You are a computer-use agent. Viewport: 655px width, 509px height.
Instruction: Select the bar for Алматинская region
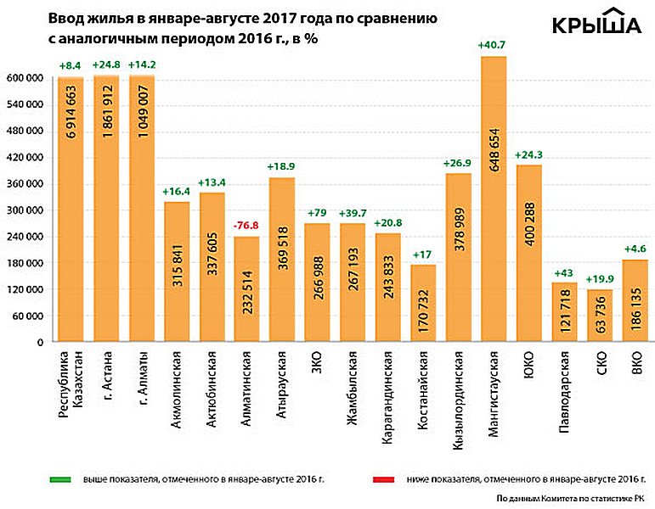247,288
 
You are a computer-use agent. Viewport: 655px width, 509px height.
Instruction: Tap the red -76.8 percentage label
247,227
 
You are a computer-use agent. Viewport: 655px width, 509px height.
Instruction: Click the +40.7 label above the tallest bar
494,45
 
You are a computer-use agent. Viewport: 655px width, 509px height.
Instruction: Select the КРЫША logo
597,25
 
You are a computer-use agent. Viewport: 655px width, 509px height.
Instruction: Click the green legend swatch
59,480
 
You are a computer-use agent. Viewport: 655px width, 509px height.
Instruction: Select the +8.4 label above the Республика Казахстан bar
71,64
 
